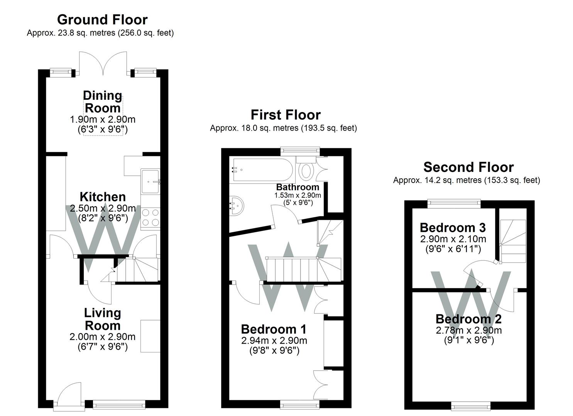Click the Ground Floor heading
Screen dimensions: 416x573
102,20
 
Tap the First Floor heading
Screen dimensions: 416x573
286,115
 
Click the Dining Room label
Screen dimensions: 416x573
103,102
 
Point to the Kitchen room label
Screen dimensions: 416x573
103,197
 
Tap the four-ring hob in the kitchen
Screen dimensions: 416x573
150,217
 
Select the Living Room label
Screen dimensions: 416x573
103,319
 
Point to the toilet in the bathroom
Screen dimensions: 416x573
306,170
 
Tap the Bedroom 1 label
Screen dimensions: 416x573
274,329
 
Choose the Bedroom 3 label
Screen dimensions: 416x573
452,227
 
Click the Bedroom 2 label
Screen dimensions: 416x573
468,319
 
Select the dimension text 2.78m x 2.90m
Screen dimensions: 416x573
468,330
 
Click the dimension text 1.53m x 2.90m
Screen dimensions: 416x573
297,195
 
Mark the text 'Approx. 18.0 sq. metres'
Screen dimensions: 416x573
254,128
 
